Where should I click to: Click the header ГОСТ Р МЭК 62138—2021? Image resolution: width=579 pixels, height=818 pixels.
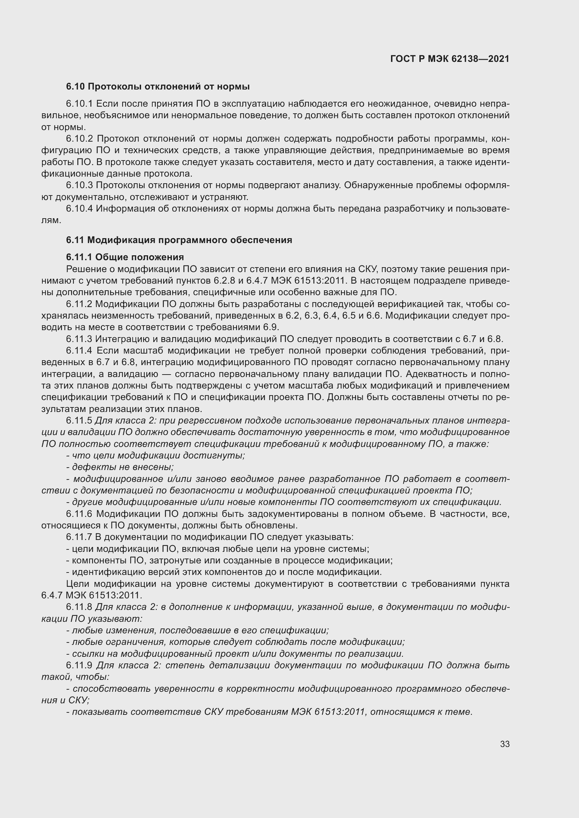tap(449, 59)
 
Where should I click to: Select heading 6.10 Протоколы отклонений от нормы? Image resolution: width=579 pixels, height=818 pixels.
tap(158, 87)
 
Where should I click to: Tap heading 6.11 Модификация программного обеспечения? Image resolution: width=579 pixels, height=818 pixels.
tap(179, 240)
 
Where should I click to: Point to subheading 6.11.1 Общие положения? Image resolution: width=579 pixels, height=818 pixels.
tap(125, 257)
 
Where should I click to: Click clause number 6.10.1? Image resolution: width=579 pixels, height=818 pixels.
tap(79, 104)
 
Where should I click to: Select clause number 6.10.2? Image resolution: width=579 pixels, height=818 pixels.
tap(79, 138)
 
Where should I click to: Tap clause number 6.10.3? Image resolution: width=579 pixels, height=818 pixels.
tap(79, 185)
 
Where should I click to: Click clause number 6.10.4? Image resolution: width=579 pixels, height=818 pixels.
tap(79, 208)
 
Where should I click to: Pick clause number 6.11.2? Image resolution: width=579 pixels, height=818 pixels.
tap(79, 304)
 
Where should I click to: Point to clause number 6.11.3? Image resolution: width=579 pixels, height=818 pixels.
tap(79, 339)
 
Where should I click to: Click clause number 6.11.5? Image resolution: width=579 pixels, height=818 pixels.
tap(79, 420)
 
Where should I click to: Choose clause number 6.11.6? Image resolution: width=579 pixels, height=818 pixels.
tap(79, 514)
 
